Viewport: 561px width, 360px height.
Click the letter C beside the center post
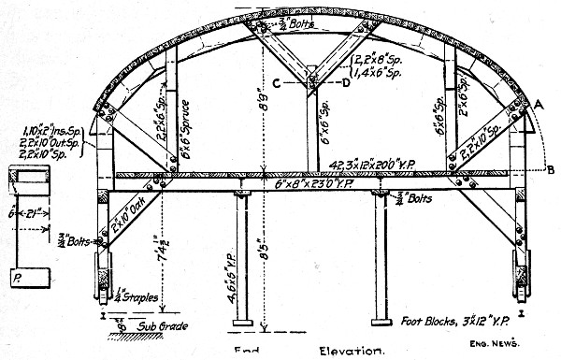click(277, 82)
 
